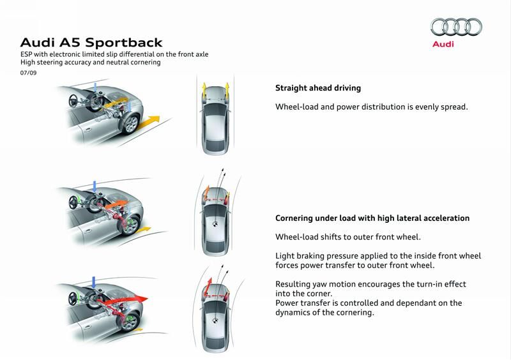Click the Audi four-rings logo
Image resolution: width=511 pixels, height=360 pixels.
pyautogui.click(x=456, y=27)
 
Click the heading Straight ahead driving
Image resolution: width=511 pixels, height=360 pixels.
pyautogui.click(x=323, y=89)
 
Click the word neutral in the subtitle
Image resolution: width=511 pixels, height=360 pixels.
pyautogui.click(x=102, y=63)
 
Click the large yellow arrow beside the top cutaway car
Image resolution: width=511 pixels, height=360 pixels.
pyautogui.click(x=148, y=119)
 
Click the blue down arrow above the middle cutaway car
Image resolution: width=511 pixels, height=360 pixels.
pyautogui.click(x=95, y=186)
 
